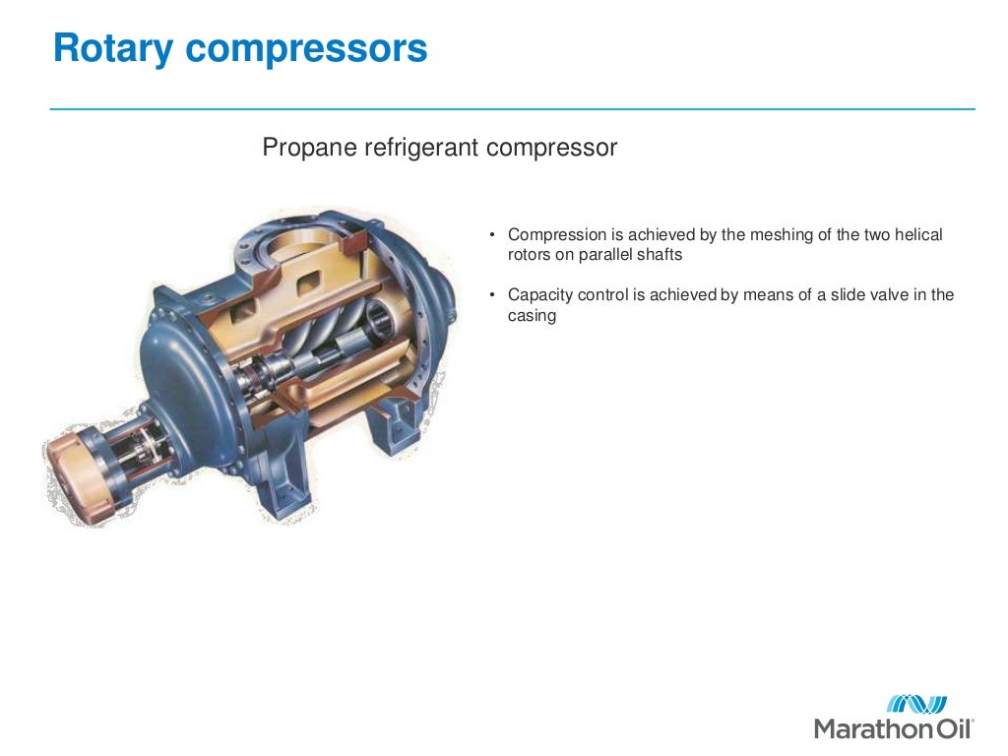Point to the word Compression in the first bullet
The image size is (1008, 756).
(x=555, y=235)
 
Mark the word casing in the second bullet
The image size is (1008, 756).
(x=532, y=316)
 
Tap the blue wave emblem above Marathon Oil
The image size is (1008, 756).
(x=916, y=704)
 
